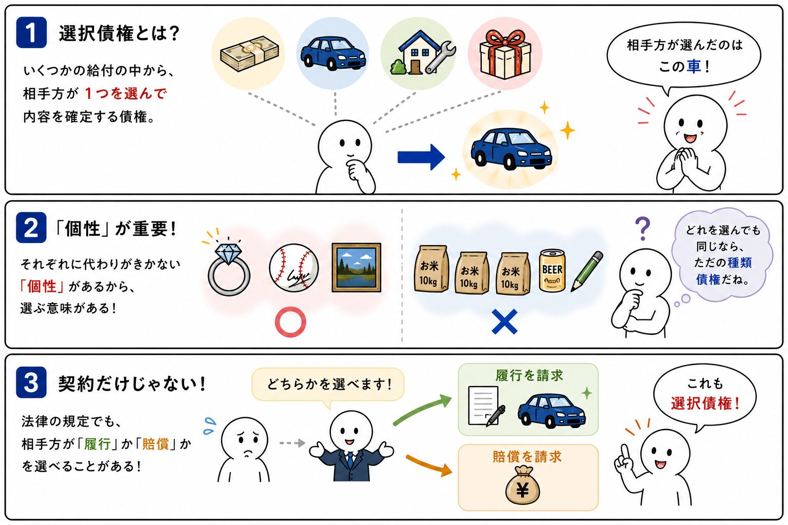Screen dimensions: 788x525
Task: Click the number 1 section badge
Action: [x=31, y=32]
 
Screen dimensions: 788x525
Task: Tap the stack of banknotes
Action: [x=249, y=53]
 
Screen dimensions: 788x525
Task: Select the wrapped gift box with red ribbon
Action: [x=505, y=54]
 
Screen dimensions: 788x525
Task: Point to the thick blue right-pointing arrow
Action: [x=421, y=157]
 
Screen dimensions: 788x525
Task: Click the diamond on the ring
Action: [x=228, y=254]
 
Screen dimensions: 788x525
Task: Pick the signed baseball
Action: [x=294, y=268]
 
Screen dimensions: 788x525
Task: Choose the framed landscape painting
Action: [x=357, y=268]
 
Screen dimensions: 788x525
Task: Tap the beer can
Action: [x=553, y=270]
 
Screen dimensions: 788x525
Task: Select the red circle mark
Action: [x=290, y=322]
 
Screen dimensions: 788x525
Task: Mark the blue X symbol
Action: [x=504, y=321]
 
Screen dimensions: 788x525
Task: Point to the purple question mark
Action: [x=643, y=228]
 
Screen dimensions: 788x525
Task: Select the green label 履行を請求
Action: [x=529, y=376]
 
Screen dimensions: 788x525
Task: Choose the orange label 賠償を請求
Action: [x=527, y=457]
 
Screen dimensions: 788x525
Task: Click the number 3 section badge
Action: [x=31, y=382]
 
